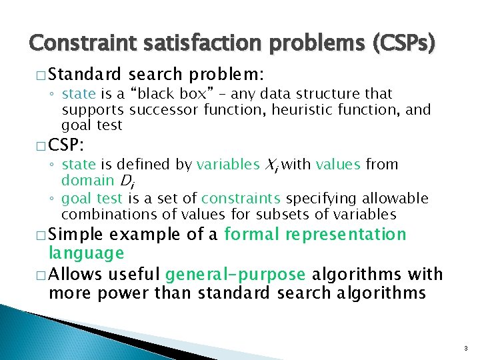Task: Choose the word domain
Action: click(x=87, y=181)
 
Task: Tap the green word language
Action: click(x=86, y=253)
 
